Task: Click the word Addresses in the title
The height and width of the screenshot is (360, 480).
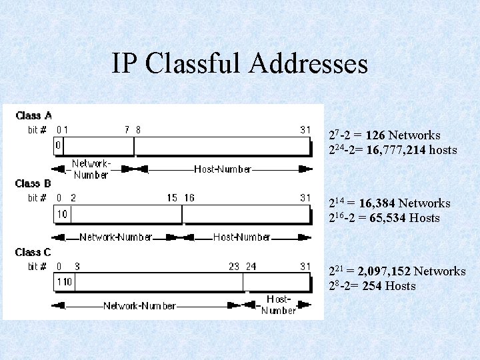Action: tap(309, 64)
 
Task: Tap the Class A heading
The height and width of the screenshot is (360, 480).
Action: tap(33, 115)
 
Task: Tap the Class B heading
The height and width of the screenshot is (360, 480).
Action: tap(33, 183)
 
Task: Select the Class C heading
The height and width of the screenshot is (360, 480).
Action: tap(33, 252)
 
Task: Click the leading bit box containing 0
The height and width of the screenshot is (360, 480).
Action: tap(58, 145)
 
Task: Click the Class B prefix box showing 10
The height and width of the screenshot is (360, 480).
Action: tap(62, 214)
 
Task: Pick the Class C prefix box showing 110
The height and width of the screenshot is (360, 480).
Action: tap(64, 282)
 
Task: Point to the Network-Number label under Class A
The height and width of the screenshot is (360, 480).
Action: tap(91, 169)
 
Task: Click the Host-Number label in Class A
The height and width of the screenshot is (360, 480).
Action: tap(223, 169)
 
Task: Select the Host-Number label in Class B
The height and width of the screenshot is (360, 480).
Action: tap(241, 237)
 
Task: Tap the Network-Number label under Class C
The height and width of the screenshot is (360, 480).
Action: tap(139, 306)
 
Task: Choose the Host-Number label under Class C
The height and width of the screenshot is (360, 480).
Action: tap(279, 305)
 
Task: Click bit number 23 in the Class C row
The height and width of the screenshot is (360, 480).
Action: tap(234, 267)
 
